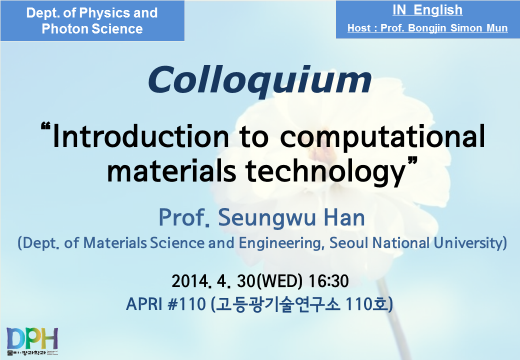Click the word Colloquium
259,80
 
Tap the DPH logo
32,341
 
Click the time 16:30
328,281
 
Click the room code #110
186,304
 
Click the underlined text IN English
427,10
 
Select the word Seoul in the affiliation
349,243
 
